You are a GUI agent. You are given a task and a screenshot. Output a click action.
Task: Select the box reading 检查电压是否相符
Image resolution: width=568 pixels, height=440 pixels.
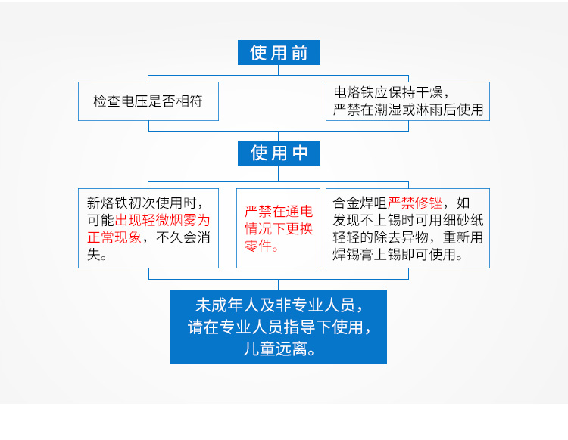click(x=148, y=101)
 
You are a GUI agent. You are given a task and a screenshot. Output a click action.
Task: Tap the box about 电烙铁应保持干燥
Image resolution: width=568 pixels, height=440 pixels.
click(x=407, y=101)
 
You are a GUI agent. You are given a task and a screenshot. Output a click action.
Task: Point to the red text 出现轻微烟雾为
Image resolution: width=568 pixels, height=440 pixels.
click(x=162, y=220)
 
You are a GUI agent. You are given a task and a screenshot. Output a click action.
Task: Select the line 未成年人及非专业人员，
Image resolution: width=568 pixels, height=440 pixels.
click(x=279, y=306)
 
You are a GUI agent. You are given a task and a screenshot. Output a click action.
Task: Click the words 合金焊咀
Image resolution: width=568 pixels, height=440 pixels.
click(x=360, y=203)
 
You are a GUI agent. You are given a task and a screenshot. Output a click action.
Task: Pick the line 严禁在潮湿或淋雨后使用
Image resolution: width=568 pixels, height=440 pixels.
click(x=407, y=110)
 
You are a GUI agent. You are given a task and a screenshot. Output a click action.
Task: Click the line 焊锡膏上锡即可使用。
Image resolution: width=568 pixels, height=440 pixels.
click(x=398, y=255)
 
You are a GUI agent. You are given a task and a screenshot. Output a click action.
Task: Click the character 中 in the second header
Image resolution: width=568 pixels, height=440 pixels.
click(x=301, y=153)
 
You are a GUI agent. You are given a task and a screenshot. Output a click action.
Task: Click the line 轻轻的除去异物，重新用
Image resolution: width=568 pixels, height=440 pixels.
click(x=407, y=237)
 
